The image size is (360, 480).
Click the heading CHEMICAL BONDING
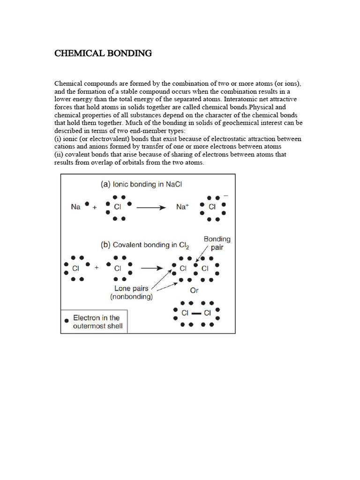[103, 53]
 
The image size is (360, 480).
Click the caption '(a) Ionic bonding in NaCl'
[141, 184]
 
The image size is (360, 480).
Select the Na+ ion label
[182, 206]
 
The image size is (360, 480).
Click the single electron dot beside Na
[88, 204]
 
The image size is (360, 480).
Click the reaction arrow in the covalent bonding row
[152, 268]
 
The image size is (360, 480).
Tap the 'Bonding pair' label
[217, 243]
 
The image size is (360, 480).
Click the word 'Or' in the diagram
[194, 291]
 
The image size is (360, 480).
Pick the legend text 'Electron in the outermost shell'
[97, 322]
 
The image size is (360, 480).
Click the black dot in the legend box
[67, 320]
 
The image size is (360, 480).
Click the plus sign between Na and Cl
[95, 208]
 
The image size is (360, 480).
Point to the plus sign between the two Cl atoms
[97, 268]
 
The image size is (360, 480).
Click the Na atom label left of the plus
[76, 206]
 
